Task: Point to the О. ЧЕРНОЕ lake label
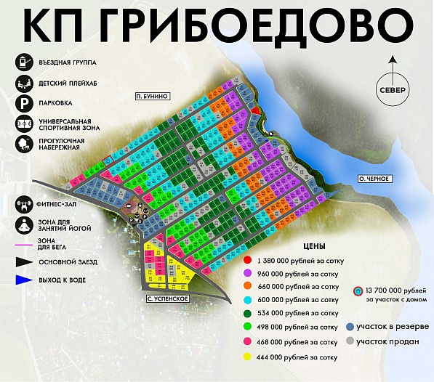click(376, 179)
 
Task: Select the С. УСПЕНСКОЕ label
click(166, 298)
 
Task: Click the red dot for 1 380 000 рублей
click(248, 259)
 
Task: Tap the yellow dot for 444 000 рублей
click(248, 357)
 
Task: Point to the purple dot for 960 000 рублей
click(248, 273)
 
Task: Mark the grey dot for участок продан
click(350, 340)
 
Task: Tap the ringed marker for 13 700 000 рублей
click(358, 292)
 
